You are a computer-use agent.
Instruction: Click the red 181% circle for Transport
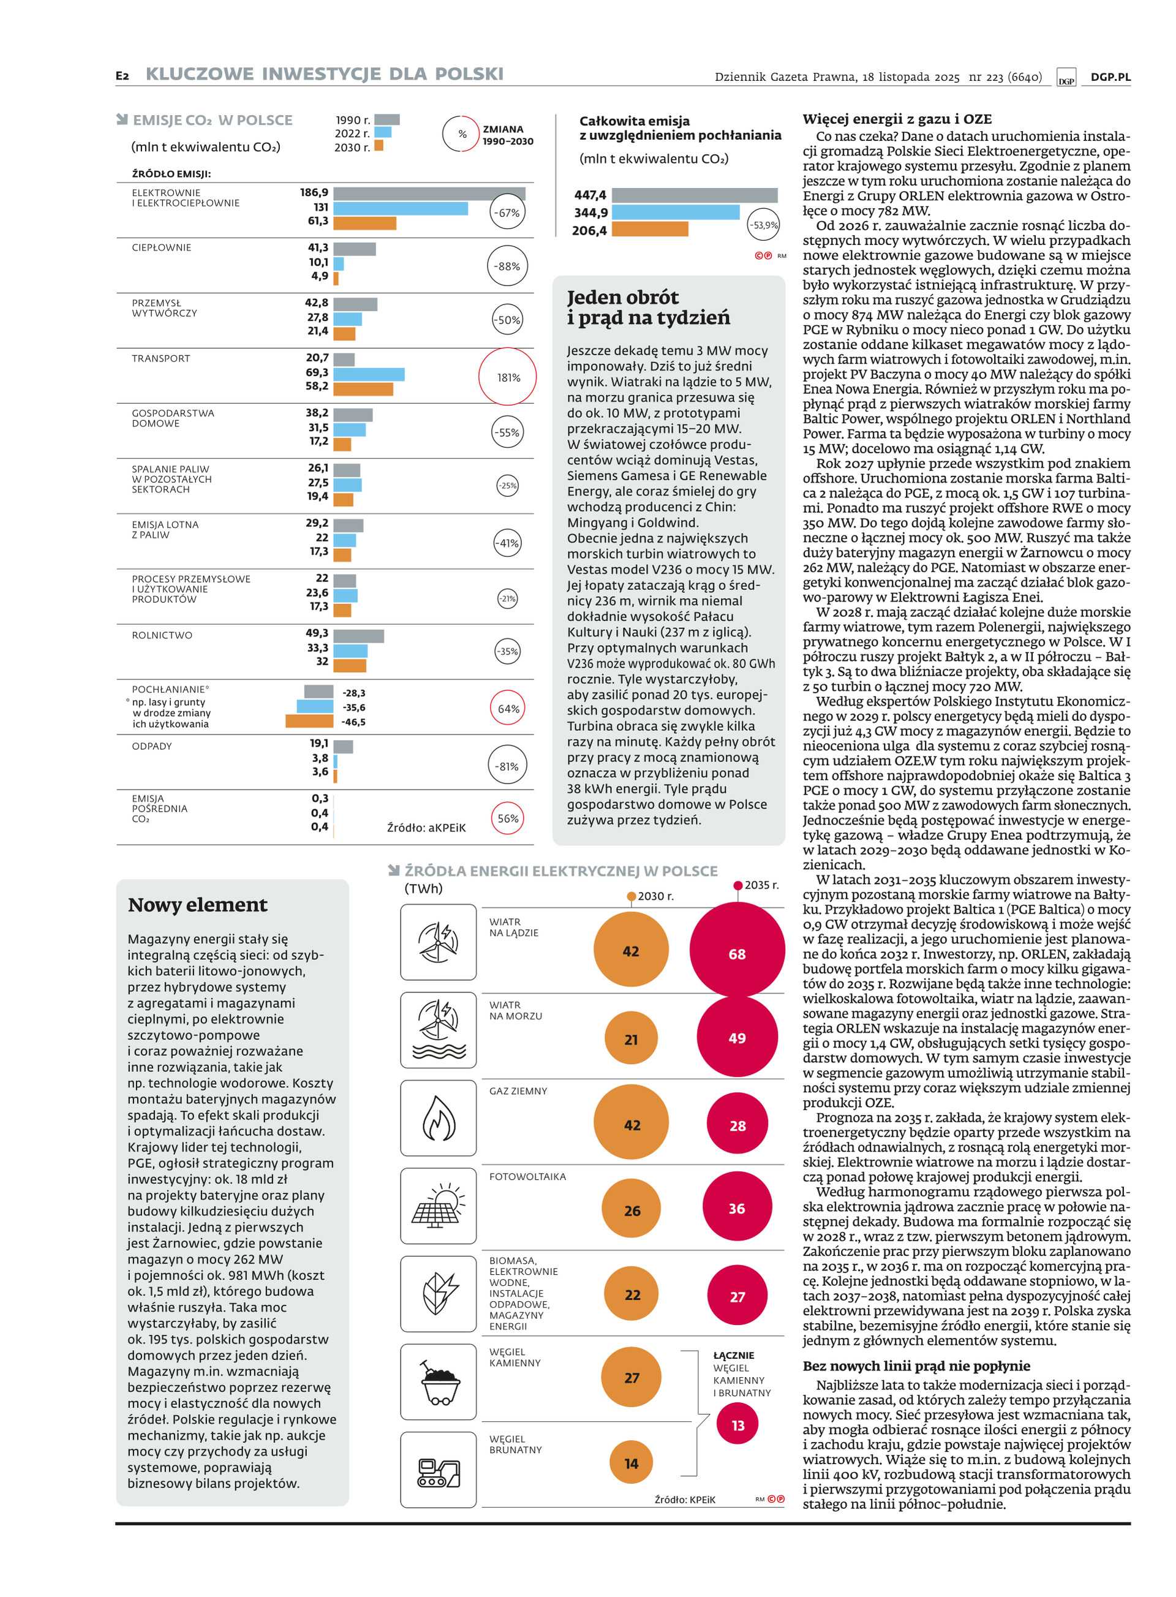(508, 377)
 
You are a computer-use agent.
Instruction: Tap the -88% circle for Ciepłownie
(508, 266)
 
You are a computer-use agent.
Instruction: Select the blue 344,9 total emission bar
(675, 212)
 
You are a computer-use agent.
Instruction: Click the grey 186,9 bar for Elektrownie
(429, 193)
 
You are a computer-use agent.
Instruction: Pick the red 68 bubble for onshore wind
(737, 954)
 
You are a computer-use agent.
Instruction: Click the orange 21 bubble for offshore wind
(631, 1040)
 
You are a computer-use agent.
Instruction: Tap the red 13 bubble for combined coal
(737, 1425)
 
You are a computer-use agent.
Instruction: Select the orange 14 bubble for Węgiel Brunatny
(631, 1463)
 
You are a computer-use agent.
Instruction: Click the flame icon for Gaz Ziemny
(439, 1117)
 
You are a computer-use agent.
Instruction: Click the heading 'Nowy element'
(198, 905)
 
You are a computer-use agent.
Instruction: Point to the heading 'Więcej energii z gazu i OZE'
(897, 119)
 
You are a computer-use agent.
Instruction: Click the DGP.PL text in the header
(1110, 77)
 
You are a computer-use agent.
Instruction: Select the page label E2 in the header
(123, 75)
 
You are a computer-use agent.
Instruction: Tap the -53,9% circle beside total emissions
(763, 225)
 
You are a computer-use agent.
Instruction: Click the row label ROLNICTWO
(162, 635)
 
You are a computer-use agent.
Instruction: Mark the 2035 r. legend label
(761, 885)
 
